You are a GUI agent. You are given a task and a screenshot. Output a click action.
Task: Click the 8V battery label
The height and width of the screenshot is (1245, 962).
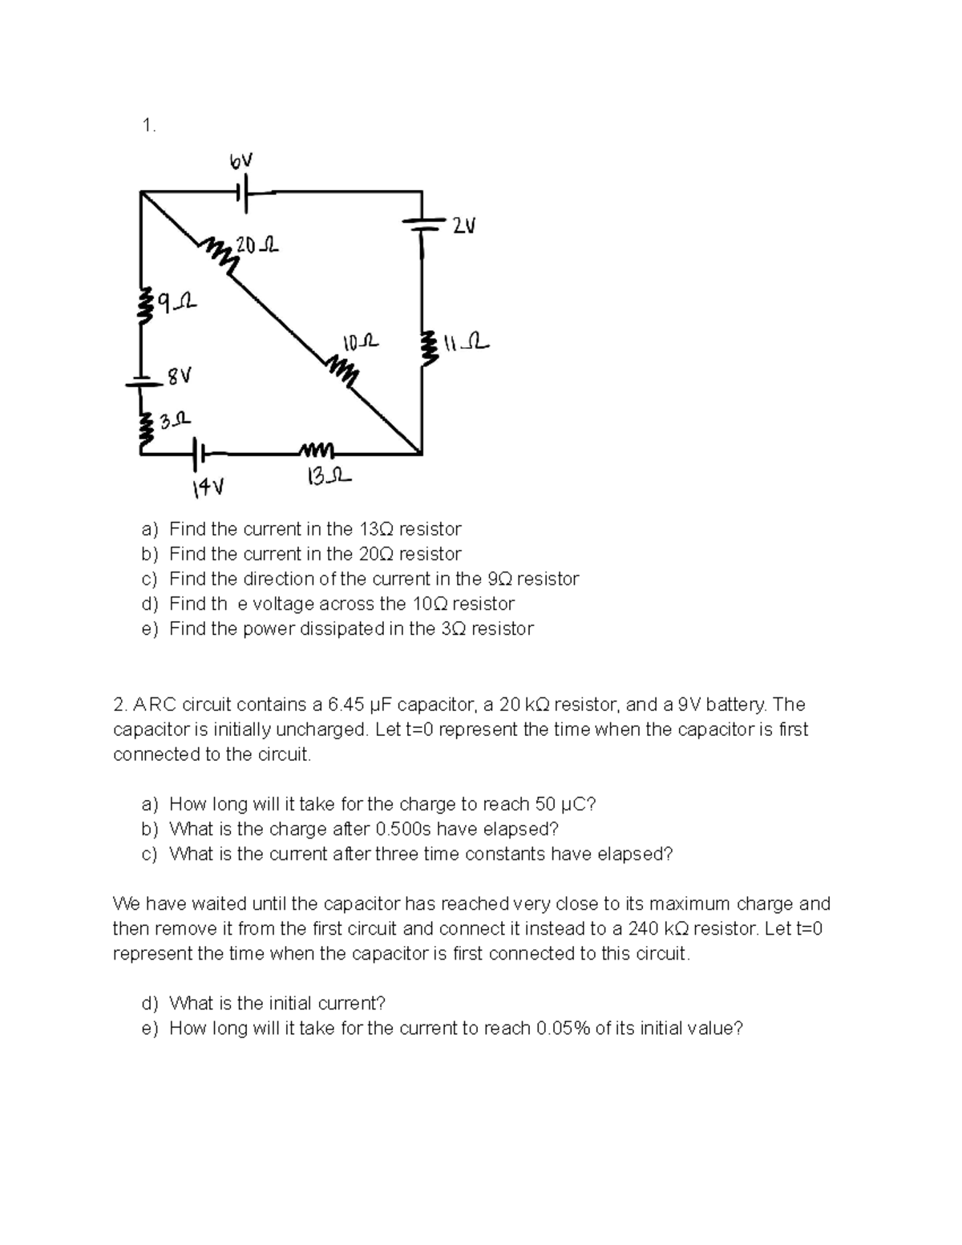[x=180, y=375]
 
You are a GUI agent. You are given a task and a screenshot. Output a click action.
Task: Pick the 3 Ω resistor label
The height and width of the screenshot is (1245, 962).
[x=173, y=419]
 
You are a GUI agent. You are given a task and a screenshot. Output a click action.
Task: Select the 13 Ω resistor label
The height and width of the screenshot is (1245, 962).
[x=328, y=479]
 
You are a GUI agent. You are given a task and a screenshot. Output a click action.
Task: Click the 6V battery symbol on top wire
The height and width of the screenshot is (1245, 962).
[x=244, y=192]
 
